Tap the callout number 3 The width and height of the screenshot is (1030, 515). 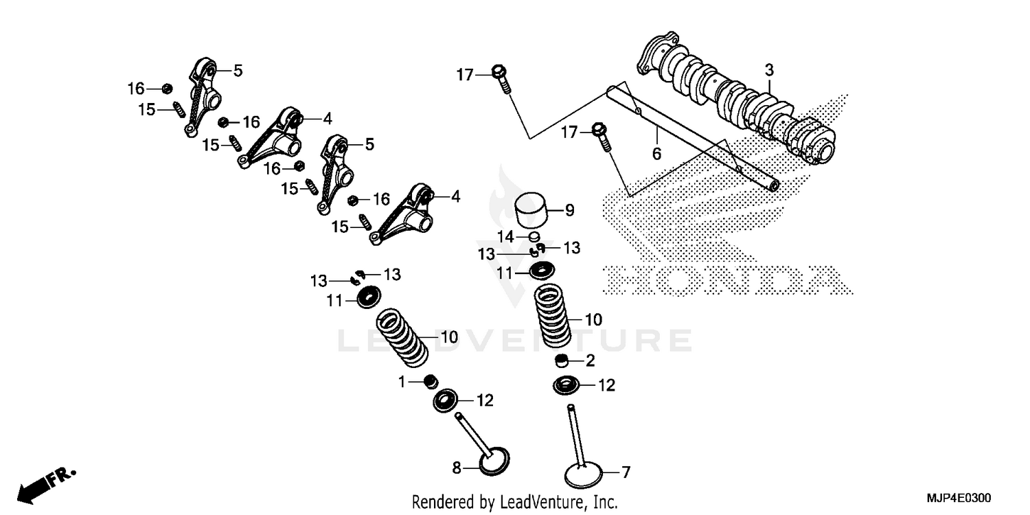[x=769, y=70]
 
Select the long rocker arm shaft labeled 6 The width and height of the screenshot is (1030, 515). [x=694, y=135]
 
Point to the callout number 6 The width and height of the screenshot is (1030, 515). [x=656, y=154]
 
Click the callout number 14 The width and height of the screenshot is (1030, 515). [x=505, y=236]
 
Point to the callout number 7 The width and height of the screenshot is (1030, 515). [x=625, y=472]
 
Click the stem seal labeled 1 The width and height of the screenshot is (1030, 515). [x=431, y=380]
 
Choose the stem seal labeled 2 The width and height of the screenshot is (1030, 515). [x=562, y=360]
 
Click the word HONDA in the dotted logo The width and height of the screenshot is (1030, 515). [x=721, y=280]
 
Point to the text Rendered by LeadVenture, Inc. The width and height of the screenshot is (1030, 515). [x=514, y=501]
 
